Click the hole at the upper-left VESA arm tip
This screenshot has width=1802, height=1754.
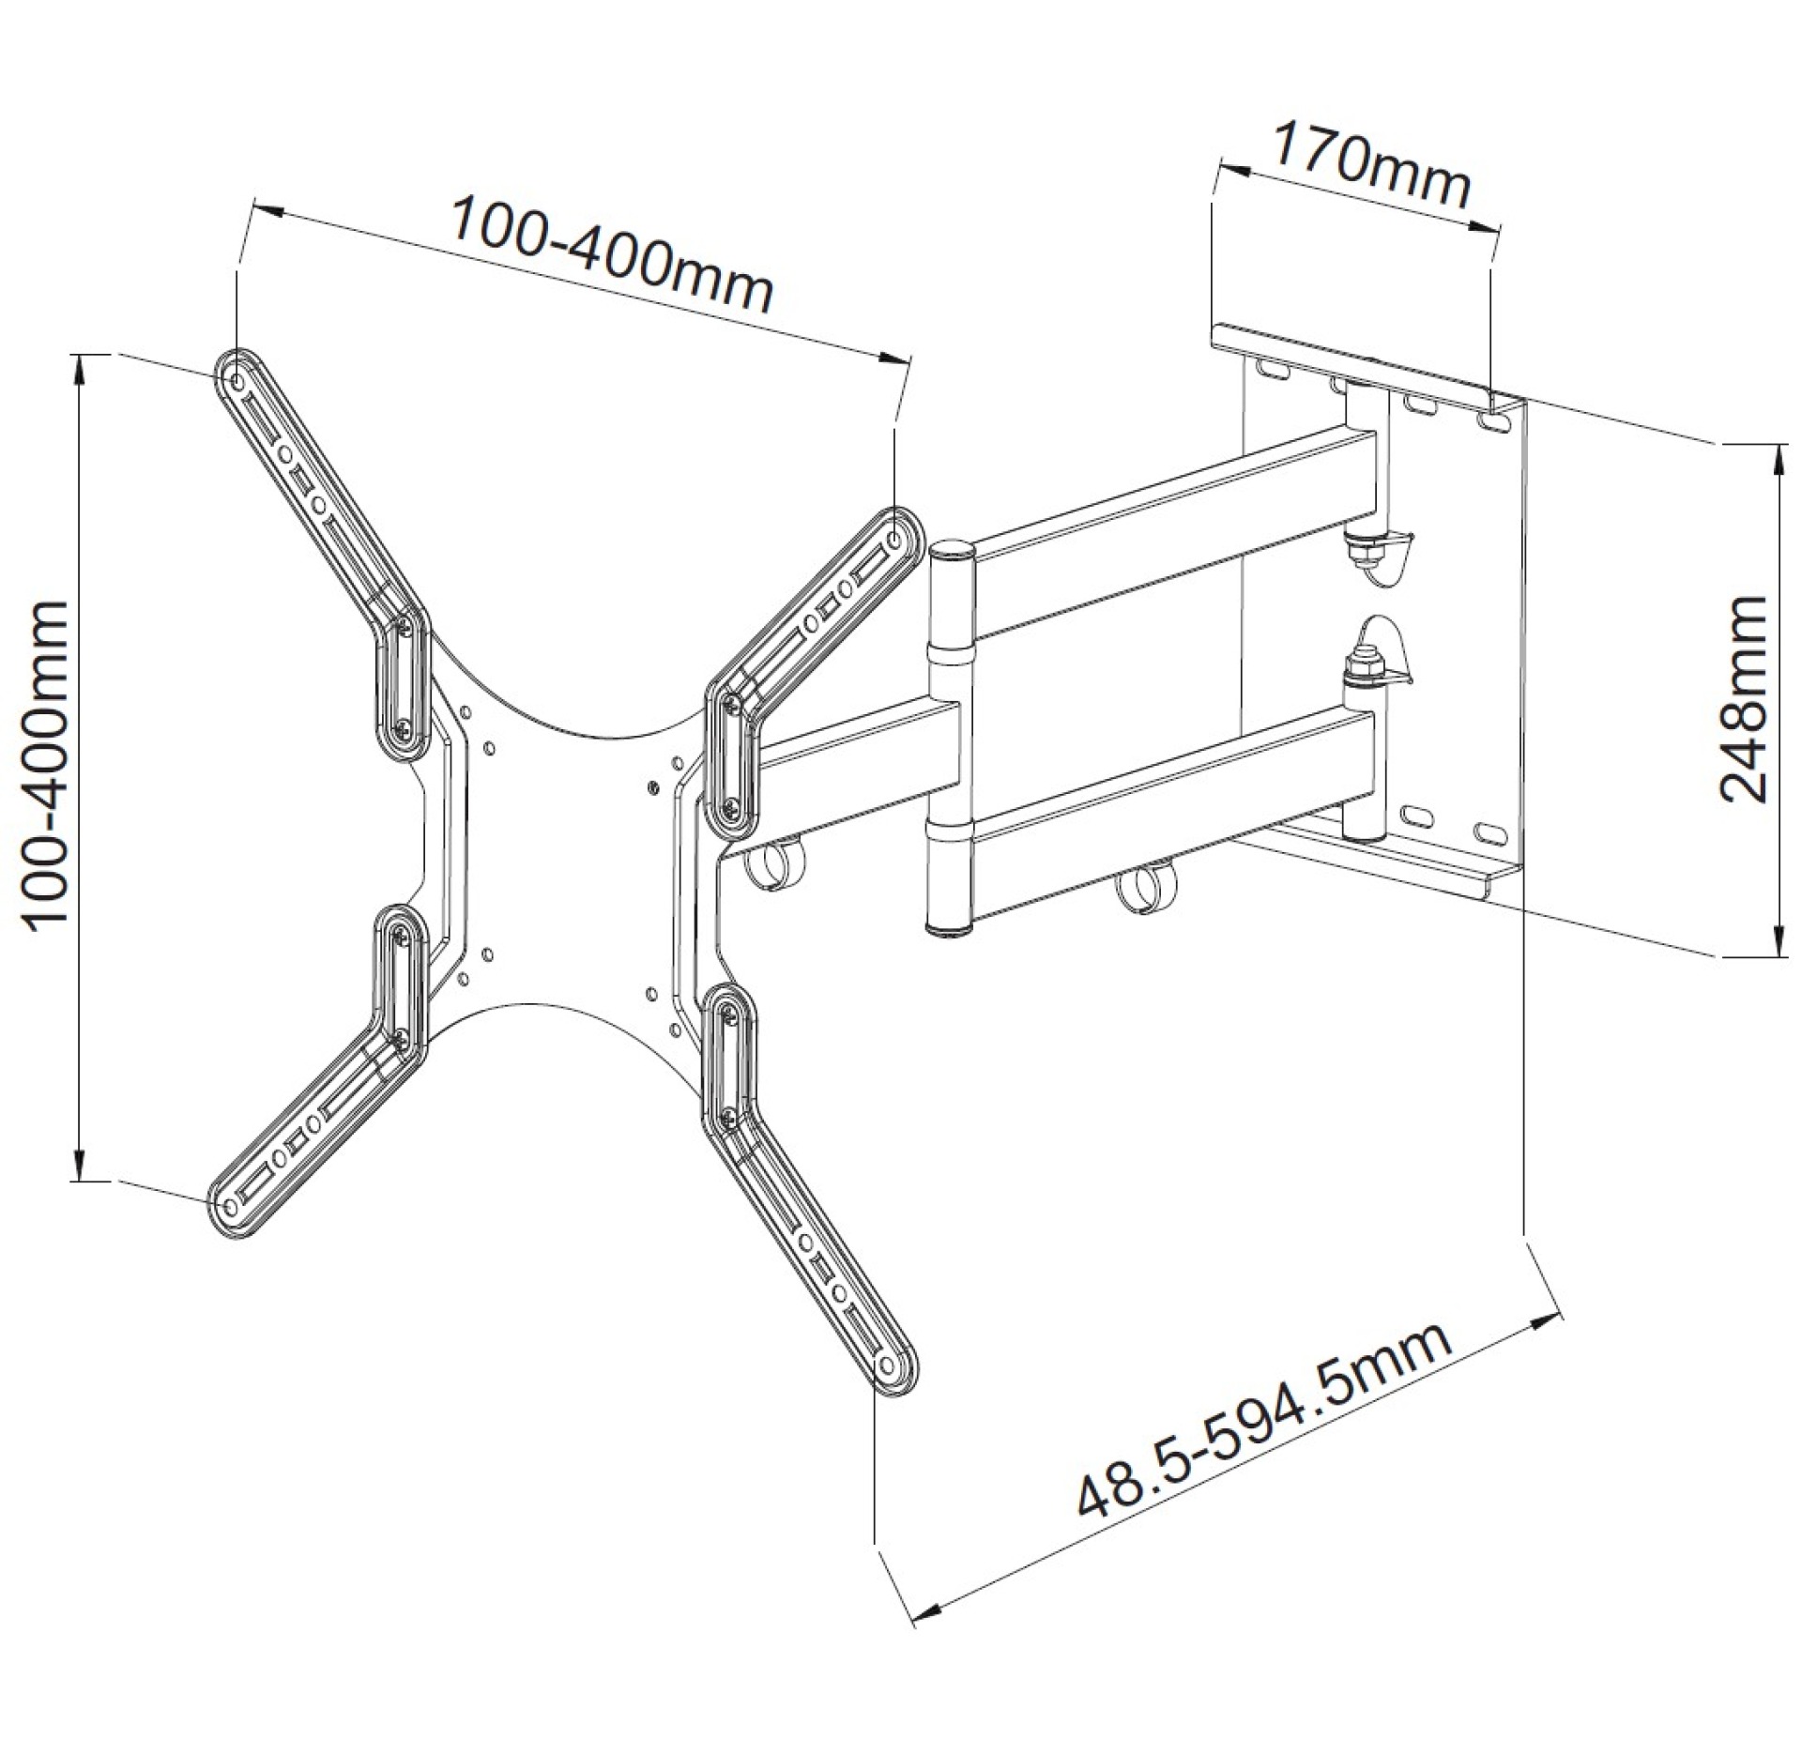237,380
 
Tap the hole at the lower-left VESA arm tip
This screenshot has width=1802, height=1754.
227,1203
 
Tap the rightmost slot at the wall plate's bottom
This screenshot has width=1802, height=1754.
1489,831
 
